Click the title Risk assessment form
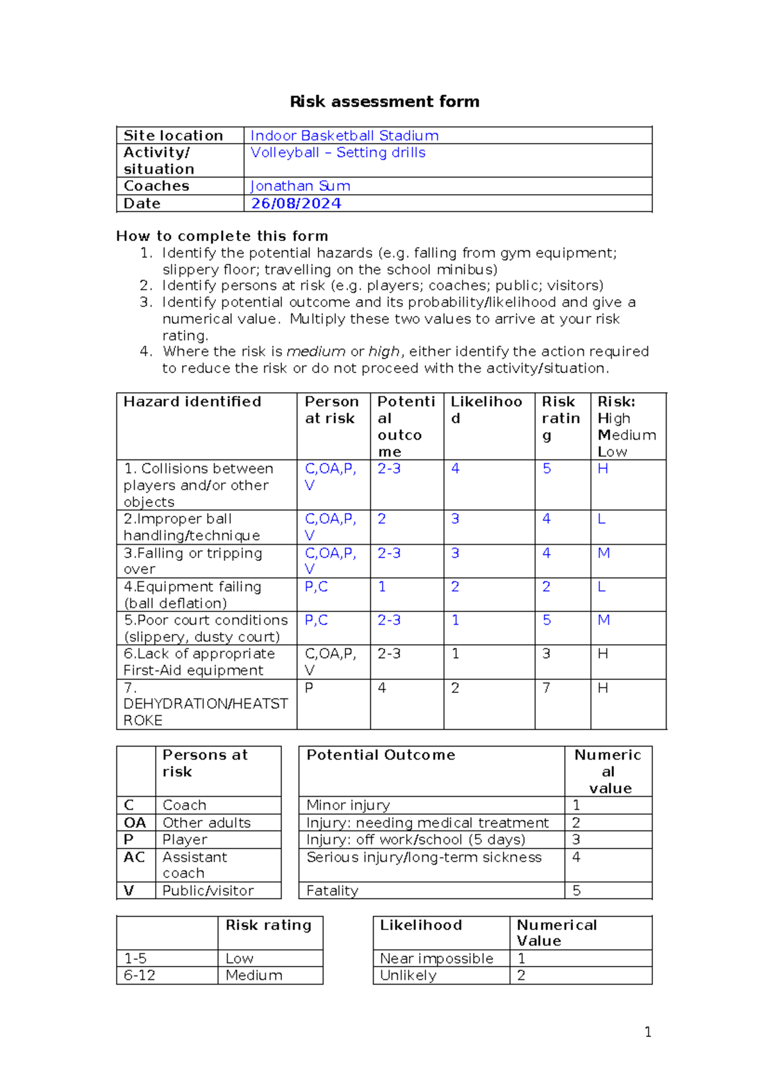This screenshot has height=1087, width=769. point(384,101)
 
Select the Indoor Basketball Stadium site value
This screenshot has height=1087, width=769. point(344,136)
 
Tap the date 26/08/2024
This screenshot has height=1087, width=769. point(296,203)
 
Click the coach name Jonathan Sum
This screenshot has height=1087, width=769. point(300,186)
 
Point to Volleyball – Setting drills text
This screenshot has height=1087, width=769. point(338,153)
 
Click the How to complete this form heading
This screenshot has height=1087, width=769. point(222,236)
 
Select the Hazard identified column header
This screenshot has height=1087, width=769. point(192,402)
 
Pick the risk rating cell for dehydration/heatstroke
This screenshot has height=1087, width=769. point(546,688)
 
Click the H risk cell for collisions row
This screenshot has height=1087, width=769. point(602,469)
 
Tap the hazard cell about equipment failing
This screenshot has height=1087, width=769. point(192,595)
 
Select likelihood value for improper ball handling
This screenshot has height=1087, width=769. point(455,519)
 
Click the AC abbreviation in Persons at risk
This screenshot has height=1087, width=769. point(135,857)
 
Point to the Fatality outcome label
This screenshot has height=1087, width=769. point(332,890)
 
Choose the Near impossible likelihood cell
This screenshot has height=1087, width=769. point(436,958)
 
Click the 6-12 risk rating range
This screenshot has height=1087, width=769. point(140,975)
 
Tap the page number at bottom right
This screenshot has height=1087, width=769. point(648,1031)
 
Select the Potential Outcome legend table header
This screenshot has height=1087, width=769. point(381,755)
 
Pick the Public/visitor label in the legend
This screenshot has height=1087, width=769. point(208,890)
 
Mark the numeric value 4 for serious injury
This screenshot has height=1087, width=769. point(576,857)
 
